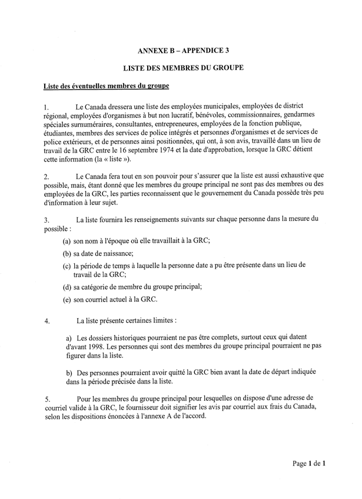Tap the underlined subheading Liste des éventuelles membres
click(107, 87)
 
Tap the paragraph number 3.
click(47, 219)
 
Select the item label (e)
click(68, 299)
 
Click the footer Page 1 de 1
click(309, 464)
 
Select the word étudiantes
click(61, 133)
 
